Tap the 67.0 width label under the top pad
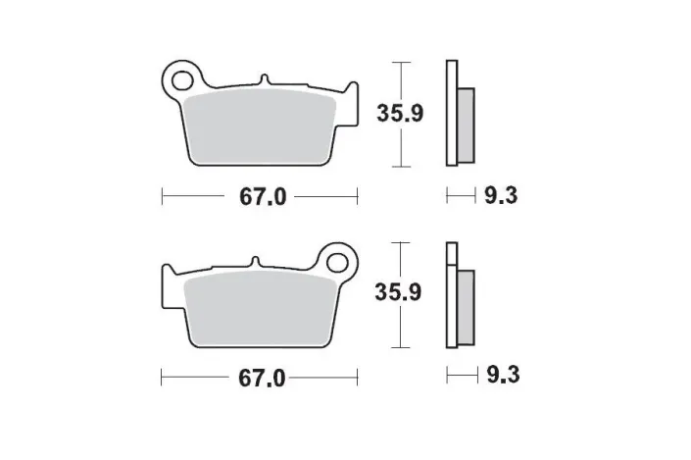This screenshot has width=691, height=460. (262, 196)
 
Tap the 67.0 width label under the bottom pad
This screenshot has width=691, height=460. (262, 377)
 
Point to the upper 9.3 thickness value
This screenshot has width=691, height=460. (499, 196)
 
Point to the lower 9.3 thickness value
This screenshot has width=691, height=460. (499, 377)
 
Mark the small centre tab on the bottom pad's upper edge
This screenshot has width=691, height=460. (254, 261)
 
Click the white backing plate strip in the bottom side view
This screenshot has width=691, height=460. (451, 294)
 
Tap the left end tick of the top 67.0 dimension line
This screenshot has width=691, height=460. (162, 196)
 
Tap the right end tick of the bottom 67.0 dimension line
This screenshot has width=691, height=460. (357, 377)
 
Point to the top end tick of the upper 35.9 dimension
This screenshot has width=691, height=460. (399, 62)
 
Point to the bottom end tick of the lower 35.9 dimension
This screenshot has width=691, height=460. (399, 349)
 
